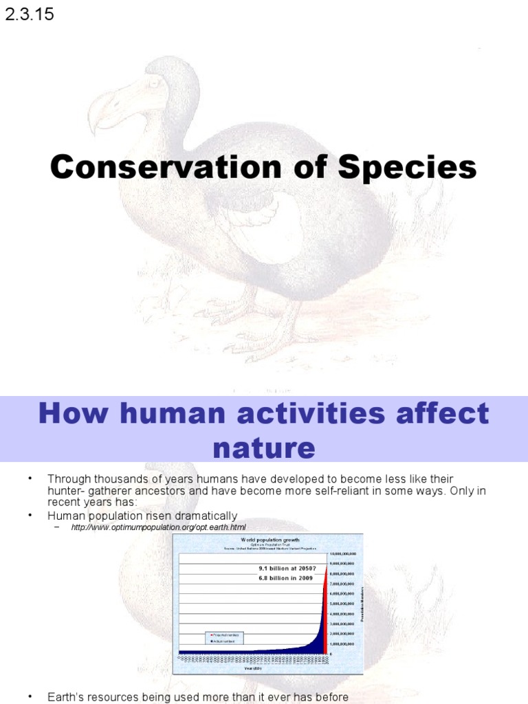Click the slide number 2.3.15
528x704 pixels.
pyautogui.click(x=30, y=14)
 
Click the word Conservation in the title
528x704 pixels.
pyautogui.click(x=163, y=167)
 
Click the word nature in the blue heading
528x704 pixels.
pyautogui.click(x=264, y=448)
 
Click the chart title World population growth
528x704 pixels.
pyautogui.click(x=269, y=540)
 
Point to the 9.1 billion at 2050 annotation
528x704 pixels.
pyautogui.click(x=285, y=569)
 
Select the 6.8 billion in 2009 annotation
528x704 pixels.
pyautogui.click(x=285, y=578)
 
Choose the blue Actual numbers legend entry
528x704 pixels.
pyautogui.click(x=223, y=641)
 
